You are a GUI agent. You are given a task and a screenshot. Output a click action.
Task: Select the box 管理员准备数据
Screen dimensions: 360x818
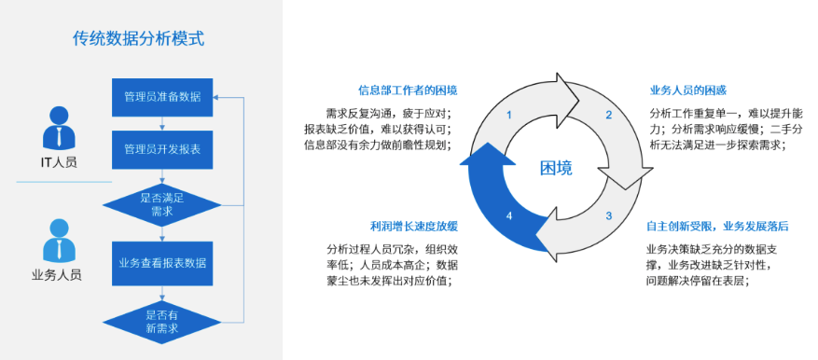tap(162, 97)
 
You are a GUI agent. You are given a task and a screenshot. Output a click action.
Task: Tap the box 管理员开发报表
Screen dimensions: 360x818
tap(162, 149)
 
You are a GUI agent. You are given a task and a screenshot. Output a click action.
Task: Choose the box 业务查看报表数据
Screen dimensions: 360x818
tap(162, 263)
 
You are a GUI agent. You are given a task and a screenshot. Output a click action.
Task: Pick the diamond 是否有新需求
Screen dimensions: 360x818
tap(162, 322)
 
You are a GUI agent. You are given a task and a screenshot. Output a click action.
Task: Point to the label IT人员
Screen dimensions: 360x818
tap(57, 162)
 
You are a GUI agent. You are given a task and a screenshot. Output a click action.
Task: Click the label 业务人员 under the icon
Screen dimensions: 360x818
tap(57, 275)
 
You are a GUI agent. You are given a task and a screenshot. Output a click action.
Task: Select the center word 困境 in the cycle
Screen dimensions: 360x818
tap(557, 168)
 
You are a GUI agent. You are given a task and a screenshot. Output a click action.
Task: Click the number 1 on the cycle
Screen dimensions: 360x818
tap(508, 115)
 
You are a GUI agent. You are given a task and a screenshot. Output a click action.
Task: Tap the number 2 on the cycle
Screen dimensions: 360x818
tap(608, 115)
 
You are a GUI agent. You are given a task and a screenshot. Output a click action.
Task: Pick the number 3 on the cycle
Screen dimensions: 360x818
tap(608, 216)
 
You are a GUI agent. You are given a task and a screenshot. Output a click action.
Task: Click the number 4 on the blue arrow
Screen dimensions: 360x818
tap(508, 216)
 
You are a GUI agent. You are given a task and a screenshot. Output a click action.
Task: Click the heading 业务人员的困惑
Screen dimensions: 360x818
tap(687, 90)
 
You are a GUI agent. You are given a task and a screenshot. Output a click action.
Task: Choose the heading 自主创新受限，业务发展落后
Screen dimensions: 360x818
tap(717, 226)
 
